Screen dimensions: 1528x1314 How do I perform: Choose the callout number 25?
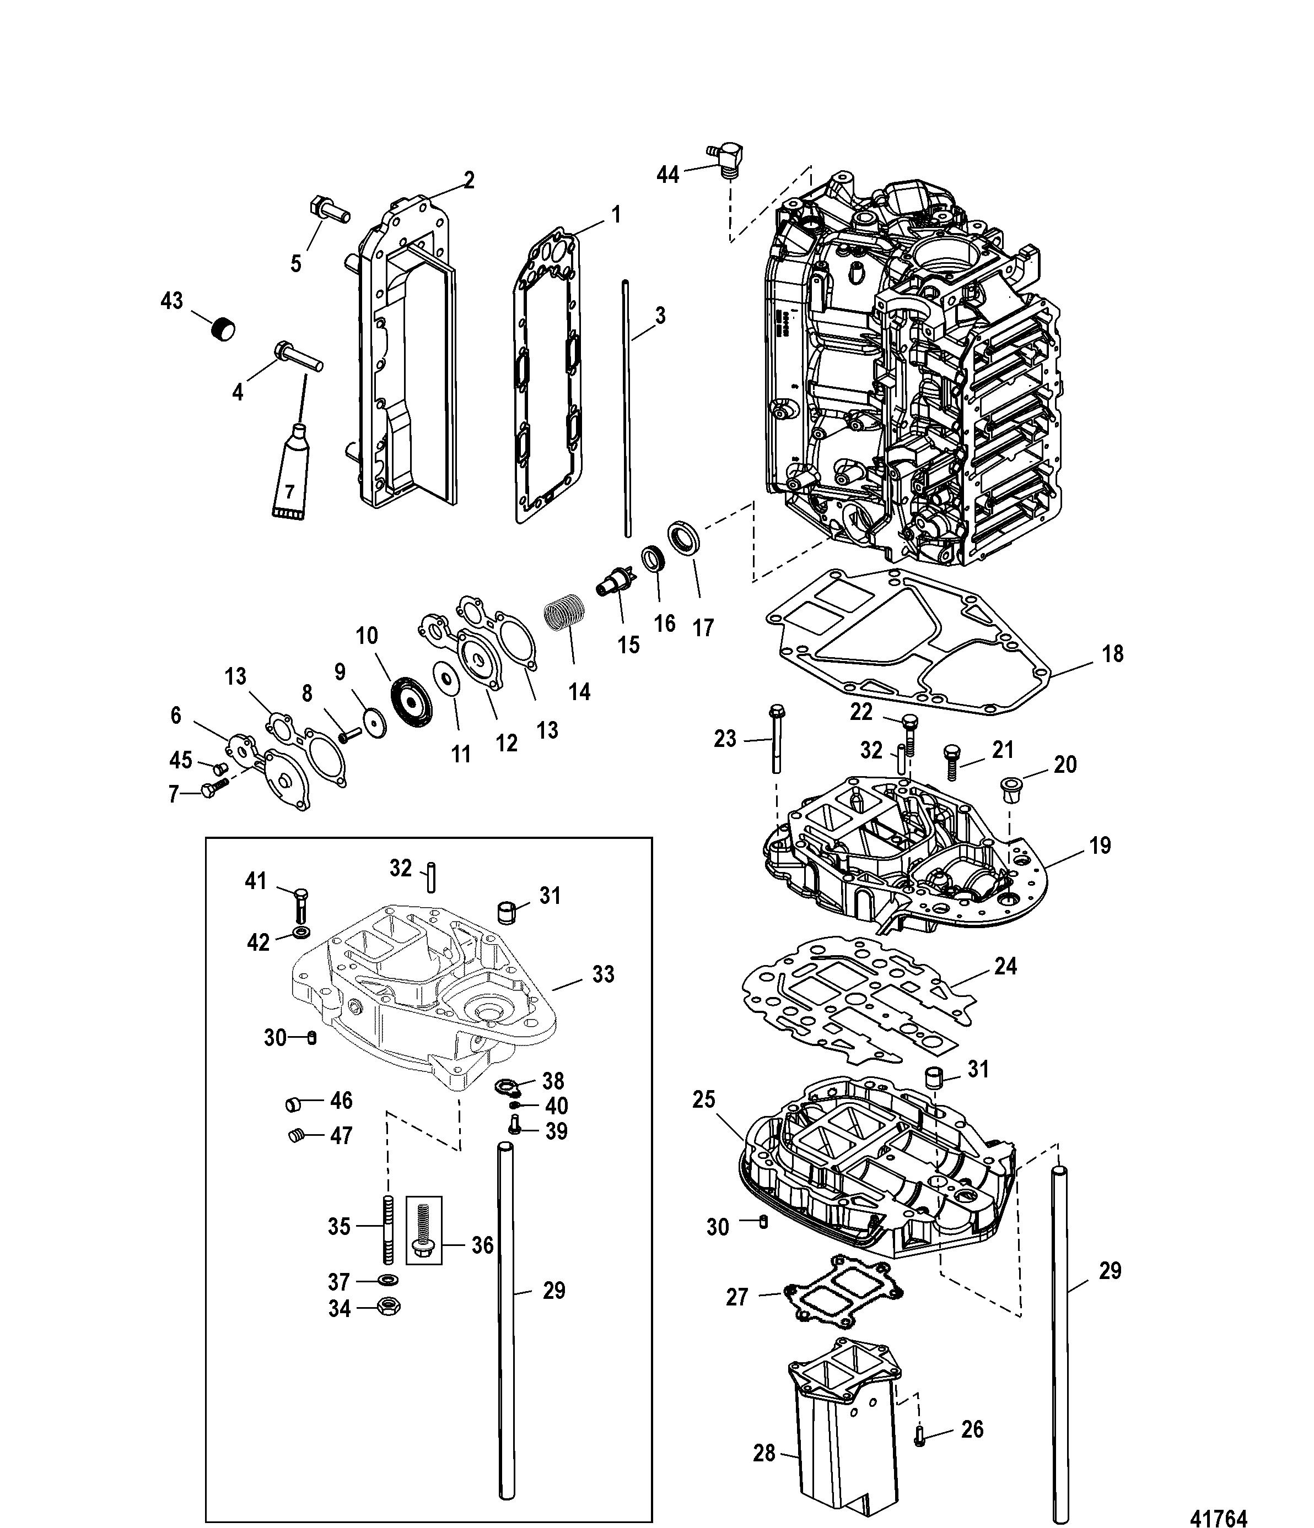pos(704,1120)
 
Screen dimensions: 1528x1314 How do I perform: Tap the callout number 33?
pos(603,974)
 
